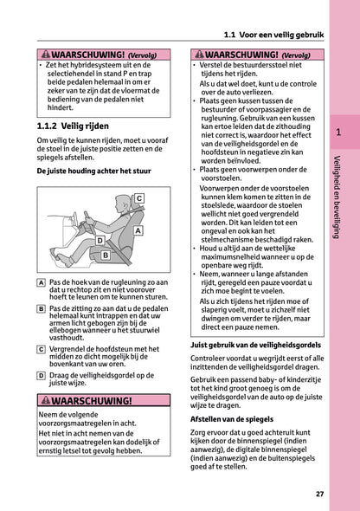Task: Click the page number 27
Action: coord(319,494)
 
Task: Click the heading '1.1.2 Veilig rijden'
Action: coord(74,126)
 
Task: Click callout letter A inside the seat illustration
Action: coord(138,231)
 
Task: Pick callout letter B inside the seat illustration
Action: coord(106,255)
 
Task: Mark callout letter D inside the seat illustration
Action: coord(100,240)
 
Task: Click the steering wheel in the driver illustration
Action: coord(77,218)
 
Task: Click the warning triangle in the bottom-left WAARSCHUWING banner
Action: coord(45,401)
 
